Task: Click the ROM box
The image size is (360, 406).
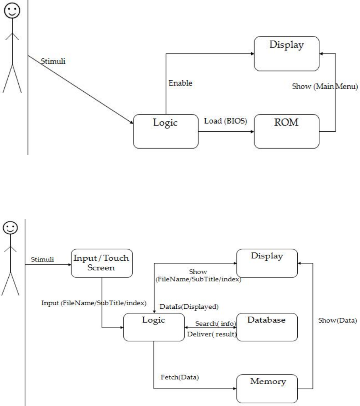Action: click(287, 131)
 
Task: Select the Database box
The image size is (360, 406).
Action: click(267, 327)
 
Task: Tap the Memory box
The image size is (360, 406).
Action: click(267, 389)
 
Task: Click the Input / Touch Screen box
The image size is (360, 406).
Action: click(102, 264)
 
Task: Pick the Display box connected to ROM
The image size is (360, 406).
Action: click(287, 54)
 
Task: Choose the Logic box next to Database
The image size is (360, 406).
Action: click(154, 327)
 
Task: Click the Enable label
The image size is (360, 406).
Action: click(181, 83)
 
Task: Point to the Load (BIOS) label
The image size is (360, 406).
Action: click(225, 121)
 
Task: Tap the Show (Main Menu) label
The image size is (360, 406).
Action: click(325, 87)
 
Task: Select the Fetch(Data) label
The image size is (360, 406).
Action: click(180, 377)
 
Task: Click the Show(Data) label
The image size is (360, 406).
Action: click(337, 321)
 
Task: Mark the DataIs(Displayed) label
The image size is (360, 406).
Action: click(189, 307)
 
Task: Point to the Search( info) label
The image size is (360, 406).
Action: click(216, 324)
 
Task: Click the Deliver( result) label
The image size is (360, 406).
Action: click(212, 334)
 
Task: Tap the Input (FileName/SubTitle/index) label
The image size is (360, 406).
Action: click(94, 303)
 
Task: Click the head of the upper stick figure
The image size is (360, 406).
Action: click(12, 11)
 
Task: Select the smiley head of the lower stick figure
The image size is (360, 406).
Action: click(10, 228)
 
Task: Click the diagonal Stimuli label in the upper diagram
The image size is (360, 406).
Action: click(53, 62)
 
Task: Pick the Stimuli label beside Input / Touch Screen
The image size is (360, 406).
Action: click(42, 260)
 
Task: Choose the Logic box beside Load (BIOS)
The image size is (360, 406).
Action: click(166, 131)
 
